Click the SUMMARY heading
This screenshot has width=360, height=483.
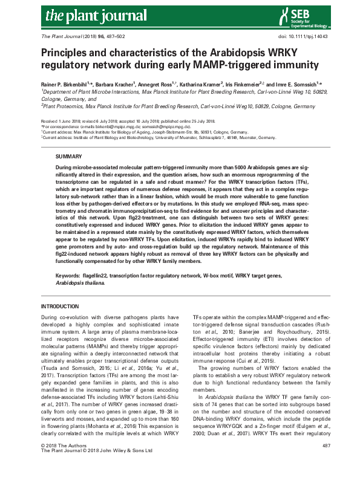click(69, 156)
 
